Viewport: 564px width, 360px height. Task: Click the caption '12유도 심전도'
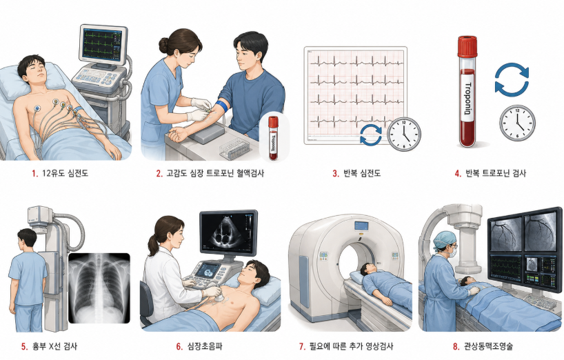(65, 173)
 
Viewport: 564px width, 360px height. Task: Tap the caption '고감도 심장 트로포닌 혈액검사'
(215, 173)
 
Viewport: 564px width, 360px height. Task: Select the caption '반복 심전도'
(361, 173)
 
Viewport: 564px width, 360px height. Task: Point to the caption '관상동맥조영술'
(487, 347)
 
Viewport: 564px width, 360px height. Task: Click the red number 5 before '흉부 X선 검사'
(24, 347)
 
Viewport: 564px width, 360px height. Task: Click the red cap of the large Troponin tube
(467, 47)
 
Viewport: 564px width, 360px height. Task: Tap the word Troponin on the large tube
(467, 98)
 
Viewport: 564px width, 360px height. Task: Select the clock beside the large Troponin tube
(517, 123)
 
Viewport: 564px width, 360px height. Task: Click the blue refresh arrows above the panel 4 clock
(512, 80)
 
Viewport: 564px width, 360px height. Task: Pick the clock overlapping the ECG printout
(403, 134)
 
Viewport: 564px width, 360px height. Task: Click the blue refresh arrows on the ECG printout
(371, 135)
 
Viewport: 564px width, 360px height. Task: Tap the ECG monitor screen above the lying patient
(102, 45)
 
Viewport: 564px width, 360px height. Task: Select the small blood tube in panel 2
(273, 138)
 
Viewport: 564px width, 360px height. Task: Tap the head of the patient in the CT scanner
(368, 268)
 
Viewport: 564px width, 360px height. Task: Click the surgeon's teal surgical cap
(443, 239)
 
